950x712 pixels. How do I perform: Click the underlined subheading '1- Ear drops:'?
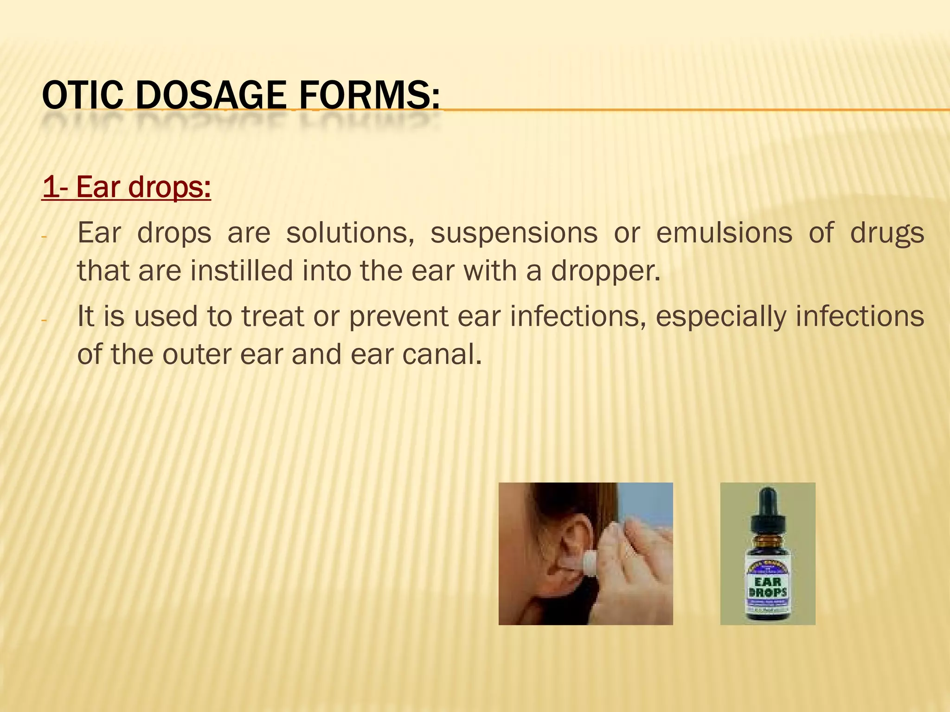[x=126, y=187]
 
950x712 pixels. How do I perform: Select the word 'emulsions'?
[x=724, y=233]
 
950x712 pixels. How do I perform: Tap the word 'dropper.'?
[x=605, y=271]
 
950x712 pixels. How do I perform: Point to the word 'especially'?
[x=721, y=317]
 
